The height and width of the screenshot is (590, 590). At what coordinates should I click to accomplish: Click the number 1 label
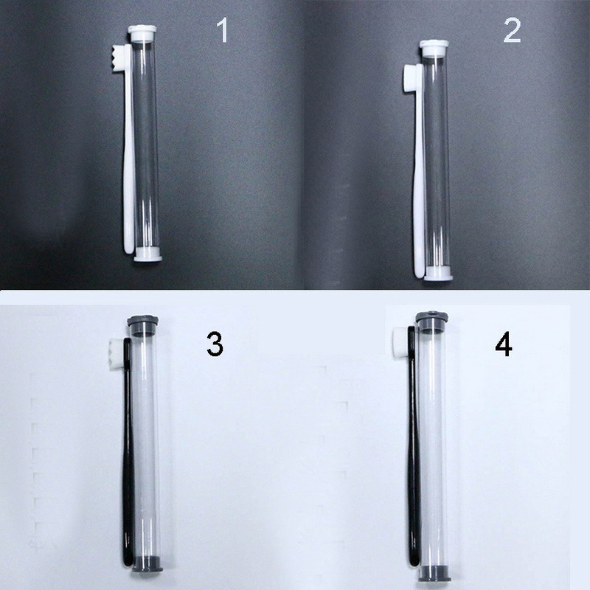(223, 30)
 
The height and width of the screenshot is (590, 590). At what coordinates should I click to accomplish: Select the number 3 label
(215, 344)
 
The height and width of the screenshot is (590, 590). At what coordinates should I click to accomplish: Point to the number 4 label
(504, 344)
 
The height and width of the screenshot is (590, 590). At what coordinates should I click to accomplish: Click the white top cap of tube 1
(142, 32)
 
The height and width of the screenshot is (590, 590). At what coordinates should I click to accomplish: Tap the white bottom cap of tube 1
(147, 254)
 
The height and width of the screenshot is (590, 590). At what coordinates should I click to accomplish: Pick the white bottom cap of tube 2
(438, 274)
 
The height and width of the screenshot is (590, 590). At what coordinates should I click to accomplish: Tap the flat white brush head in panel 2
(410, 77)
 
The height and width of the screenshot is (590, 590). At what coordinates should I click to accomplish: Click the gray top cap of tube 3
(142, 324)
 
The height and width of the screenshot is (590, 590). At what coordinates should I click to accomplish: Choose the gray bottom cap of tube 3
(147, 563)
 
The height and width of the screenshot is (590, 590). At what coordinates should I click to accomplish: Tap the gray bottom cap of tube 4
(434, 575)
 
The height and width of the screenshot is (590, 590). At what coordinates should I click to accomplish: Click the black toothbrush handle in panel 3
(128, 451)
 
